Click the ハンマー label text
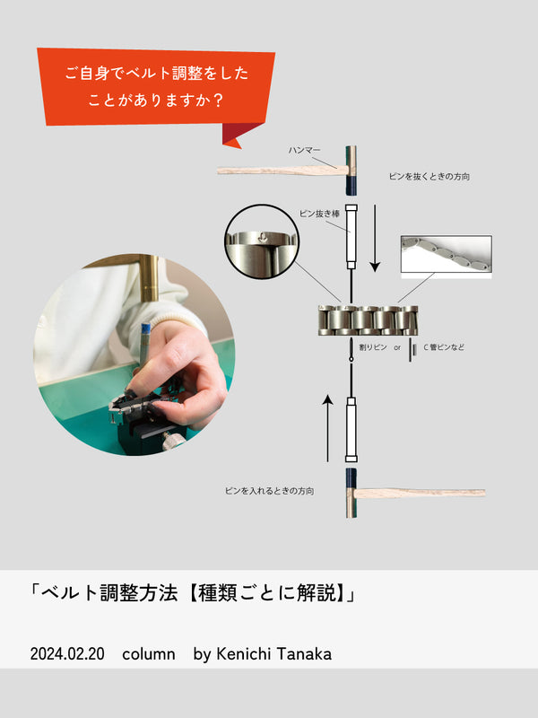pyautogui.click(x=304, y=150)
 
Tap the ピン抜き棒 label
pyautogui.click(x=319, y=214)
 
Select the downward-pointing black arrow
pyautogui.click(x=375, y=238)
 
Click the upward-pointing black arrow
pyautogui.click(x=327, y=428)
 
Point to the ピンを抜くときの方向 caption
pyautogui.click(x=430, y=176)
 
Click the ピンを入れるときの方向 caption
pyautogui.click(x=270, y=491)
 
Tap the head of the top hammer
pyautogui.click(x=351, y=171)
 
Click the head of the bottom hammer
pyautogui.click(x=351, y=493)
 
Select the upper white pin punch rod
pyautogui.click(x=351, y=236)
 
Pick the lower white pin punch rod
pyautogui.click(x=351, y=430)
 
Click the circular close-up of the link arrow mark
pyautogui.click(x=262, y=241)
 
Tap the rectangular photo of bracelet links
pyautogui.click(x=447, y=257)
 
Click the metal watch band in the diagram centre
pyautogui.click(x=369, y=320)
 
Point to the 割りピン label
pyautogui.click(x=373, y=347)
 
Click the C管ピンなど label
pyautogui.click(x=444, y=347)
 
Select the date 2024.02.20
pyautogui.click(x=67, y=653)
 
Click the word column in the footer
pyautogui.click(x=149, y=654)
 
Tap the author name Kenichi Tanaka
pyautogui.click(x=273, y=653)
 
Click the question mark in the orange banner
pyautogui.click(x=218, y=100)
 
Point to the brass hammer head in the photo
pyautogui.click(x=149, y=278)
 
